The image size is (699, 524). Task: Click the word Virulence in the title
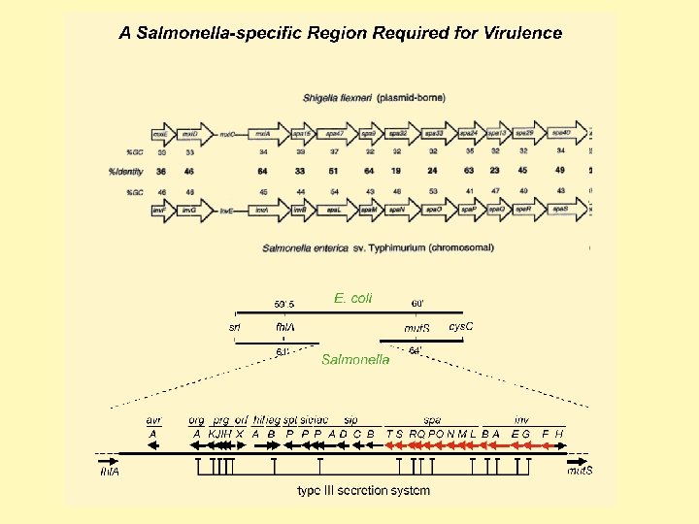click(518, 33)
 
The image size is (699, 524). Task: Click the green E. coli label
click(352, 298)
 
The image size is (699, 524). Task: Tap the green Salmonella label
click(355, 359)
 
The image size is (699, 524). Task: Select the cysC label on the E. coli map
click(460, 327)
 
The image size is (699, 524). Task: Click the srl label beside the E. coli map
click(235, 327)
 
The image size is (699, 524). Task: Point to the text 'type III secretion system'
click(363, 490)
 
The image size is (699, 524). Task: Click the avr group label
click(153, 420)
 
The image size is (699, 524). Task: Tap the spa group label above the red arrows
click(433, 420)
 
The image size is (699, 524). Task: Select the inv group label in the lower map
click(522, 420)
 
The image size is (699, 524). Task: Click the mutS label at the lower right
click(580, 471)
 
